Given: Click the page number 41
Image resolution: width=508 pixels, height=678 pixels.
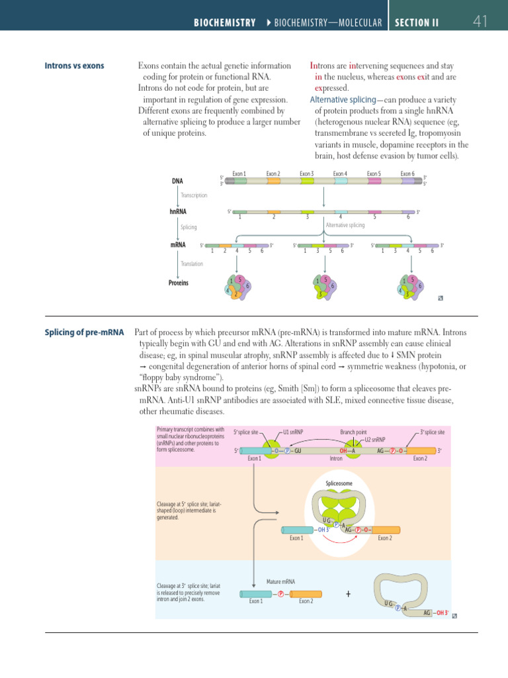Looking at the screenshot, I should point(480,22).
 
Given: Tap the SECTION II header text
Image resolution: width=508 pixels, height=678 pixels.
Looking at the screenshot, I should point(416,23).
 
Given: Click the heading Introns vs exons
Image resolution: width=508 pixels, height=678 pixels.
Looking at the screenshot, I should point(74,66).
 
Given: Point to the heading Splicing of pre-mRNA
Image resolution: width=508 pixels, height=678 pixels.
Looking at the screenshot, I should point(84,332).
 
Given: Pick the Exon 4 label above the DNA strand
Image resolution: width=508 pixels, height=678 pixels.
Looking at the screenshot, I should point(341,174).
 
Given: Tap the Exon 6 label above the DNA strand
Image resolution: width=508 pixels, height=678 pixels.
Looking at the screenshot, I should point(407,174).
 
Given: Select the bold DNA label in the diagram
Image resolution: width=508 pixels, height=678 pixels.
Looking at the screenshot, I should point(177,181).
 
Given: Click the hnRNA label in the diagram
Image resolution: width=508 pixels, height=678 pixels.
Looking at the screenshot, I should point(177,212).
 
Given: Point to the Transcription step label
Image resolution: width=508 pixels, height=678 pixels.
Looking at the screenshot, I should point(194,195).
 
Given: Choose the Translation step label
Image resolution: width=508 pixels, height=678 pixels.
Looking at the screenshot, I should point(192,264).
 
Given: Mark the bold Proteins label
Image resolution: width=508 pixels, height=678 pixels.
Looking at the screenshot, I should point(179,283).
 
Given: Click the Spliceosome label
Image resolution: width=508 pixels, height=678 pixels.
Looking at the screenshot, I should point(339,483).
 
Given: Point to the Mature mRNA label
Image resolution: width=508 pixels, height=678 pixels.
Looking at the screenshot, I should point(280,581).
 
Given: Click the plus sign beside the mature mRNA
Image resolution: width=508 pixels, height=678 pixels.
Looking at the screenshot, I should point(348,594).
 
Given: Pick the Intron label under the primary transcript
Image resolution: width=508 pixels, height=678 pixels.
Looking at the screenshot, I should point(335,458).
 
